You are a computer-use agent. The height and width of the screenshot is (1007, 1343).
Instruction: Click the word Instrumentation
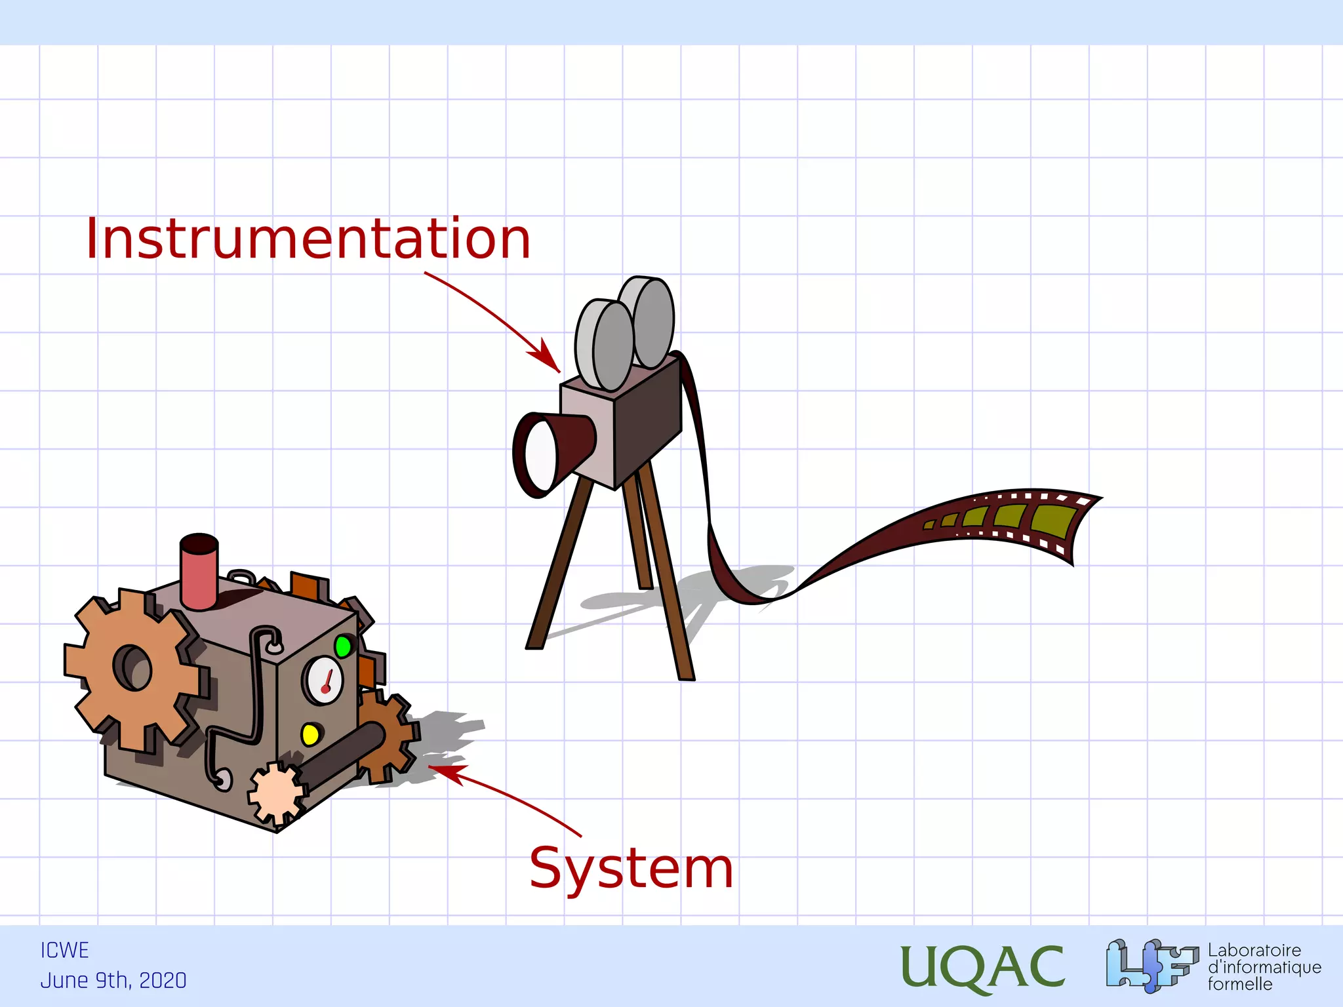[308, 239]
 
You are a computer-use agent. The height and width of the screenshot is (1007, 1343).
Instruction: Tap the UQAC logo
[982, 966]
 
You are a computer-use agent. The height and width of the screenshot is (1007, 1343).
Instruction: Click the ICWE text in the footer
[64, 950]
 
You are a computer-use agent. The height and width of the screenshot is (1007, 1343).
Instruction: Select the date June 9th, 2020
[113, 980]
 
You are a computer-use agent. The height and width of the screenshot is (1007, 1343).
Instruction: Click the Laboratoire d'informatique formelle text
[1264, 967]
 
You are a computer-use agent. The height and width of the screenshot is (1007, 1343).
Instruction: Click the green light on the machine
[342, 646]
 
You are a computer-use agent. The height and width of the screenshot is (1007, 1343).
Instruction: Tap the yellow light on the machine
[310, 734]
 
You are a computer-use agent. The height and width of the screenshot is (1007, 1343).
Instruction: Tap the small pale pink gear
[276, 794]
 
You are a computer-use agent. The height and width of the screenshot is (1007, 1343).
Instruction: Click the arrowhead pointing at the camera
[548, 358]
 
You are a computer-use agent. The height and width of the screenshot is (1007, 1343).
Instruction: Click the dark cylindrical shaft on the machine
[342, 754]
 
